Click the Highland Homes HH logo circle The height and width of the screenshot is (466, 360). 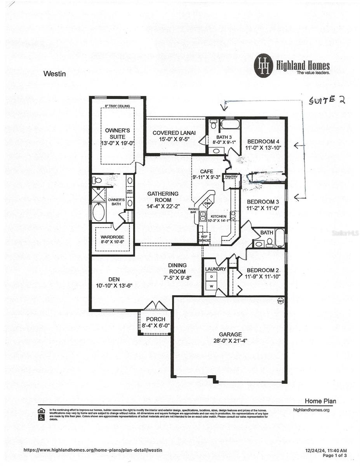point(264,66)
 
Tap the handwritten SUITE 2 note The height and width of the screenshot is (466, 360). point(327,100)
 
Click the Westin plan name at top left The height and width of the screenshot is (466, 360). point(54,73)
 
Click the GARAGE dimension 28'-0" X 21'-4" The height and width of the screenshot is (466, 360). point(230,341)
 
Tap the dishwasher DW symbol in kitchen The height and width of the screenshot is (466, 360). point(207,203)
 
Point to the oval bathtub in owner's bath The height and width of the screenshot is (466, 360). point(99,212)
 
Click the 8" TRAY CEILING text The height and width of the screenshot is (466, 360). point(118,106)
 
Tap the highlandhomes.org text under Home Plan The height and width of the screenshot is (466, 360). point(311,410)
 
